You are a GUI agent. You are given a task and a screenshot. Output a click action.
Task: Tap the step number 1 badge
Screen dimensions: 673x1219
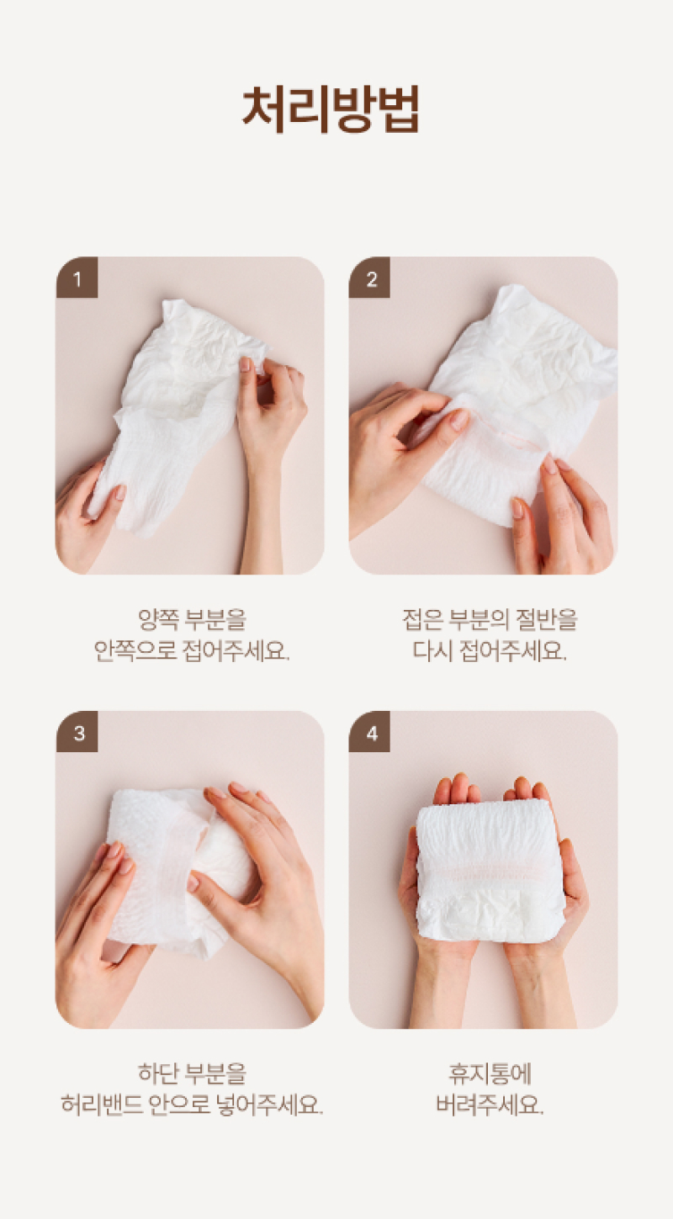pyautogui.click(x=77, y=278)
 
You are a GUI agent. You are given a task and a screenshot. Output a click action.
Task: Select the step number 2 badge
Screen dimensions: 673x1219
pyautogui.click(x=370, y=278)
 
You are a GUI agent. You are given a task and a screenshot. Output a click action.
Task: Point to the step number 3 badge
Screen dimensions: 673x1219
pyautogui.click(x=77, y=732)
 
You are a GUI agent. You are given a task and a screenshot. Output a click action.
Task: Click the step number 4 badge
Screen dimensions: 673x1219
pyautogui.click(x=370, y=732)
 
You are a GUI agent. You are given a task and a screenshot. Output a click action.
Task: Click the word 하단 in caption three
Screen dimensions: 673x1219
pyautogui.click(x=158, y=1073)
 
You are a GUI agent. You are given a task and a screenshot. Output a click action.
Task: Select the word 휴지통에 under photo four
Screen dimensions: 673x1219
pyautogui.click(x=490, y=1073)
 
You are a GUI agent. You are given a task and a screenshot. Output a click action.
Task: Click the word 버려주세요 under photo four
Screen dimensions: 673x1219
pyautogui.click(x=490, y=1105)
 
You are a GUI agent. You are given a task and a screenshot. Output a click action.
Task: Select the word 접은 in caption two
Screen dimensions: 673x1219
pyautogui.click(x=423, y=619)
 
